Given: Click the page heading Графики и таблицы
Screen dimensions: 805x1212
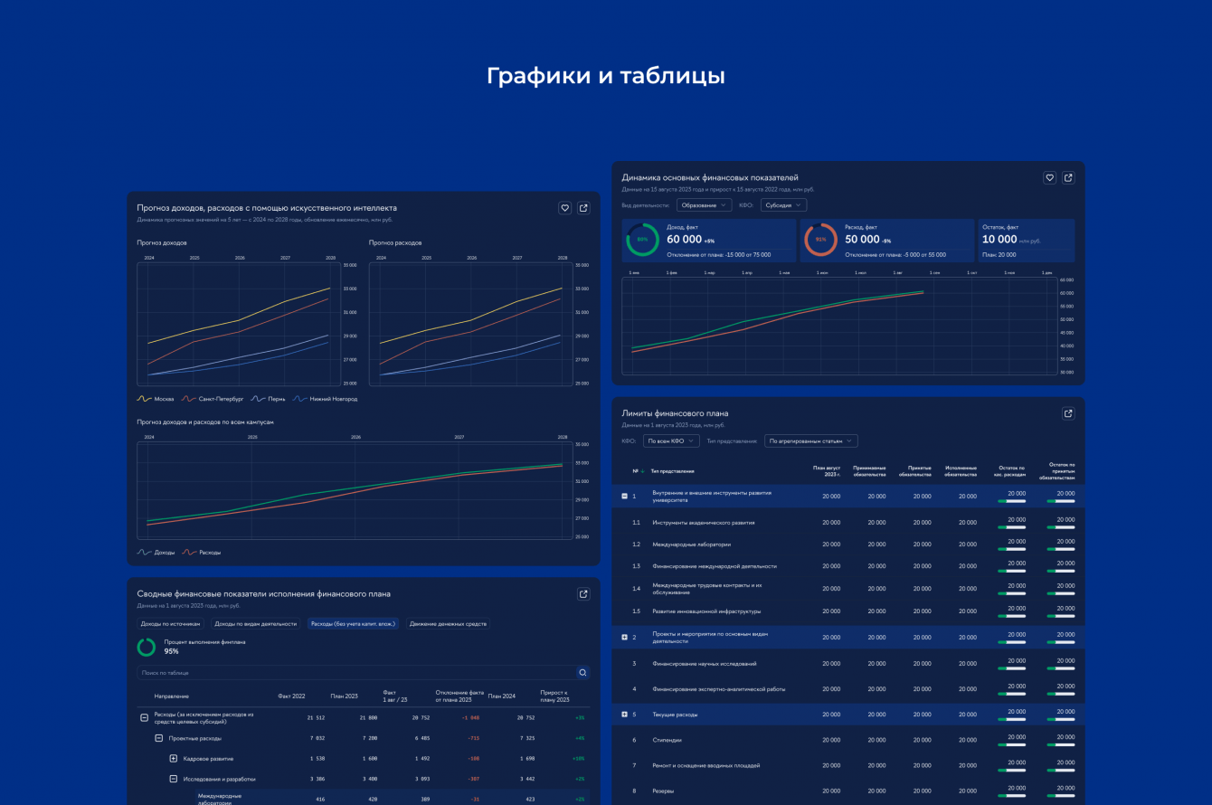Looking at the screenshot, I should click(605, 76).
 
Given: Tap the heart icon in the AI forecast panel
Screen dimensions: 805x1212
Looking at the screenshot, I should click(565, 208).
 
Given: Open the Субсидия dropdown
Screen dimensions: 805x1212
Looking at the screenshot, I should click(783, 205).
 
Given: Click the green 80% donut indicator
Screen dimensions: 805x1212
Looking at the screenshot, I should click(642, 240).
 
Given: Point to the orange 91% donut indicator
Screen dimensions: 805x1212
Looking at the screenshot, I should click(820, 240).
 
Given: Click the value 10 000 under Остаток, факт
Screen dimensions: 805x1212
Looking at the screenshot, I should click(999, 240).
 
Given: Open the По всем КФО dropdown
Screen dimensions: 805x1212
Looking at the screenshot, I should click(671, 441).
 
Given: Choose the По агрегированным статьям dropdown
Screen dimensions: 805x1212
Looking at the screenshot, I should click(810, 441).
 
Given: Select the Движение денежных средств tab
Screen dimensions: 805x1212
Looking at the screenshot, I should click(448, 623).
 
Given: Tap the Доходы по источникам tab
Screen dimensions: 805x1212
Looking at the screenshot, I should click(170, 623).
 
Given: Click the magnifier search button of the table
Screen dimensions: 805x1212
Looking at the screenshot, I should click(582, 673).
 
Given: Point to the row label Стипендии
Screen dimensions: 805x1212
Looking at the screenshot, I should click(668, 740).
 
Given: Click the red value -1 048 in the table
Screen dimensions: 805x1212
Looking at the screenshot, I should click(470, 717).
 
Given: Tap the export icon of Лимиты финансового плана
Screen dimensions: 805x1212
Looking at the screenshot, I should click(1068, 413).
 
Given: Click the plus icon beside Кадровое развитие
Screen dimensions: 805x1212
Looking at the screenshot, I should click(174, 759).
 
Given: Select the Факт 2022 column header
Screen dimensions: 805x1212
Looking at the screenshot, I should click(291, 696).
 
